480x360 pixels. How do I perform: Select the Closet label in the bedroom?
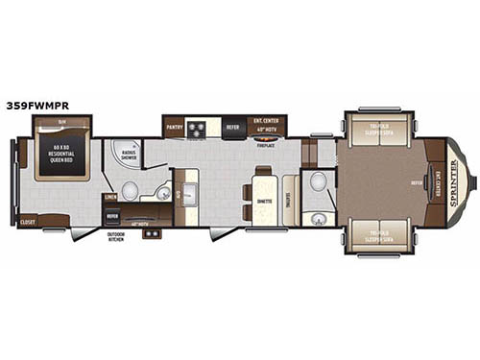pos(28,222)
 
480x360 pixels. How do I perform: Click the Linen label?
pos(110,198)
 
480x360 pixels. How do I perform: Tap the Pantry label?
pos(174,125)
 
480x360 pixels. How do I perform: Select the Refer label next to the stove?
pos(232,125)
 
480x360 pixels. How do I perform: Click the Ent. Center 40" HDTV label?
pos(267,126)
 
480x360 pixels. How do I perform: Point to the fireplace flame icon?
pos(268,138)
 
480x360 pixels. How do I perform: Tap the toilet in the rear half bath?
pos(319,181)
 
